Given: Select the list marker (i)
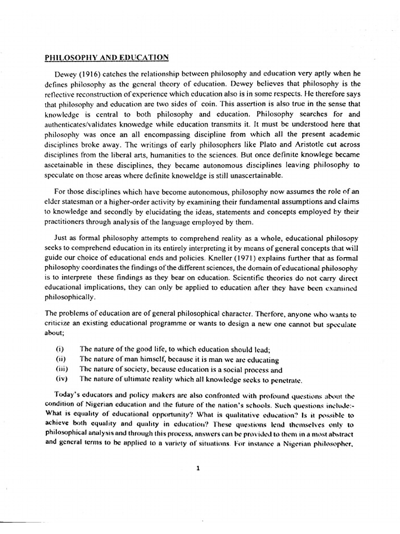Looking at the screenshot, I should click(x=59, y=349).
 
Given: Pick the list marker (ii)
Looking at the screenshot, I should click(x=60, y=359).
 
